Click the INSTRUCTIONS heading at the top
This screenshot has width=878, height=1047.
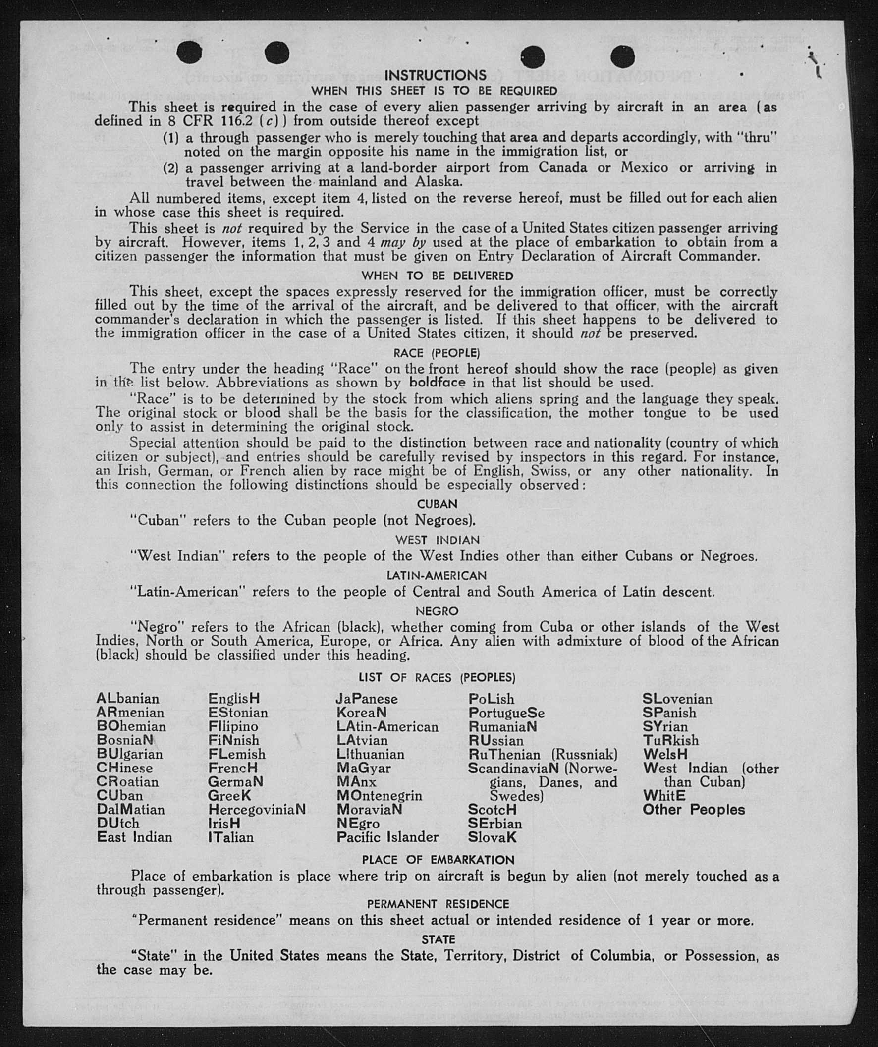tap(435, 75)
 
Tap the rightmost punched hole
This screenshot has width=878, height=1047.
tap(622, 56)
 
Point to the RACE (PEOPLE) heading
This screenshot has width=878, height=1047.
tap(436, 353)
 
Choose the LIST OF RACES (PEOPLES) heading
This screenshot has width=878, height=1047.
tap(437, 677)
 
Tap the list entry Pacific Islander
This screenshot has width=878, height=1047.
tap(387, 836)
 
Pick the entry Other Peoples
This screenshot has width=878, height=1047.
tap(694, 809)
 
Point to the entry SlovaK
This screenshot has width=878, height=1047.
tap(492, 837)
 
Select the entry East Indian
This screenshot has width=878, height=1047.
tap(134, 836)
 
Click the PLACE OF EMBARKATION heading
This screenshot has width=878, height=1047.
tap(438, 860)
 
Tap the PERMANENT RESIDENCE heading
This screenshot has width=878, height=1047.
tap(438, 904)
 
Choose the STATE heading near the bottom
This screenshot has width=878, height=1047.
tap(438, 939)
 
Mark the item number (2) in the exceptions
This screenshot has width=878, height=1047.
tap(170, 168)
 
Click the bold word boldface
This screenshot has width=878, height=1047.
tap(437, 383)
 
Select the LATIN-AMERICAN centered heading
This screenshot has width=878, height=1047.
tap(436, 575)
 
